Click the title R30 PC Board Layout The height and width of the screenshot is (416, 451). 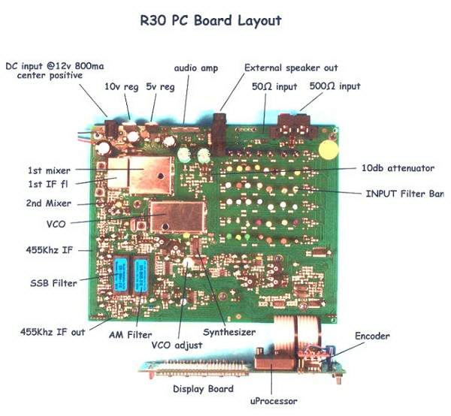tap(210, 20)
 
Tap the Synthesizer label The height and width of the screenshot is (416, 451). tap(229, 330)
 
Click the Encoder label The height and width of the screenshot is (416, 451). tap(373, 336)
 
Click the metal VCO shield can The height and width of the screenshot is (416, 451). tap(178, 217)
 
